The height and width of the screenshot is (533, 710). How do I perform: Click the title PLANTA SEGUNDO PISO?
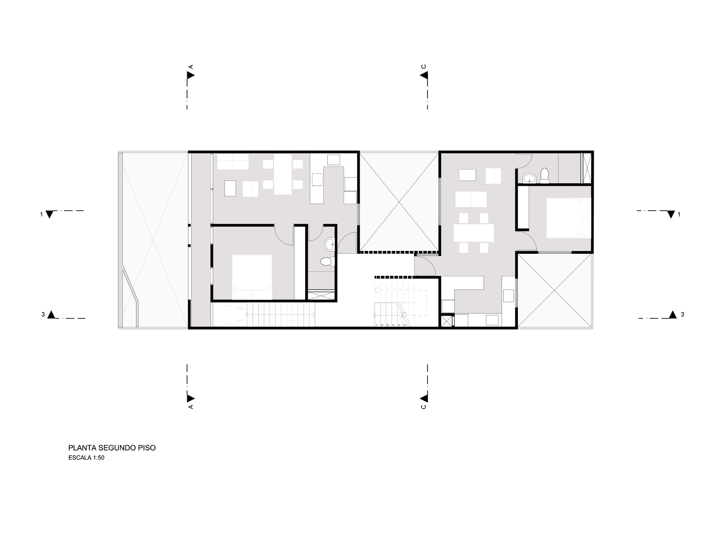click(x=112, y=448)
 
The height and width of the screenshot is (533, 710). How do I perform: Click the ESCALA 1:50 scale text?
click(x=86, y=458)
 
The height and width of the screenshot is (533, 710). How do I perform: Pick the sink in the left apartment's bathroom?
click(x=330, y=245)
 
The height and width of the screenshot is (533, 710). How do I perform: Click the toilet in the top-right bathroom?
click(x=544, y=175)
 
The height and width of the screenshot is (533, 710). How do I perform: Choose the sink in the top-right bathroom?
click(x=530, y=178)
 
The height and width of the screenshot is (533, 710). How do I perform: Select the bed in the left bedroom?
click(x=252, y=277)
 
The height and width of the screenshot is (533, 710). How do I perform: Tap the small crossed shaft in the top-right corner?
click(x=587, y=167)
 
